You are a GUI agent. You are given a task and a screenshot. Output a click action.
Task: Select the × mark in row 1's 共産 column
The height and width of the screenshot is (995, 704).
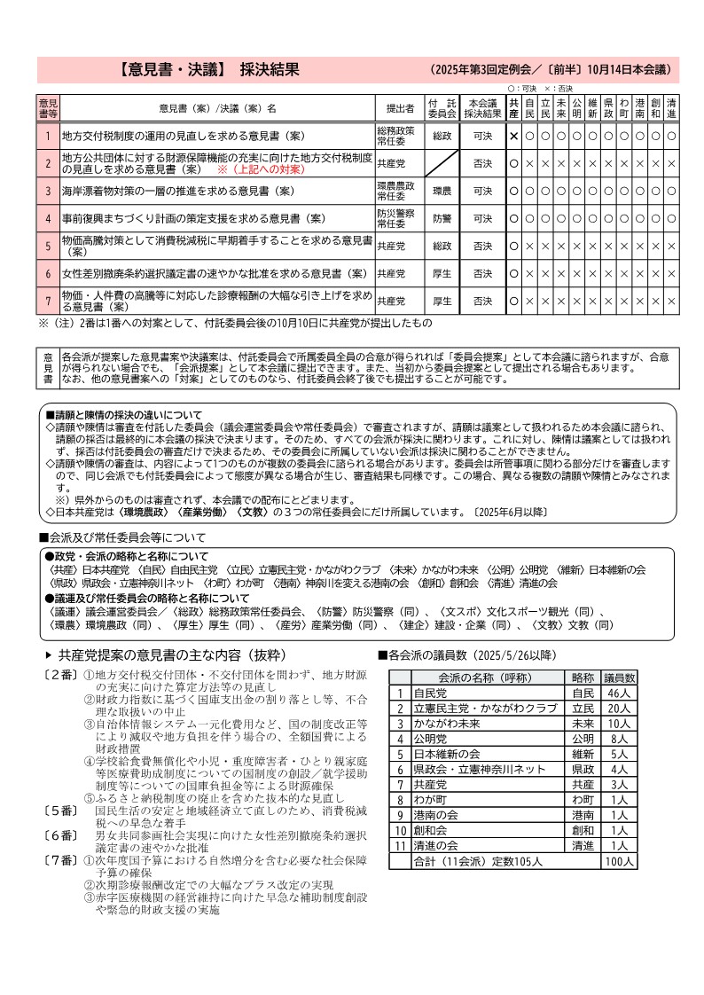[x=513, y=136]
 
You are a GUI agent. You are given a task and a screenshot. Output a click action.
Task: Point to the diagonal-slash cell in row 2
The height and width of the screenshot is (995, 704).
[x=442, y=163]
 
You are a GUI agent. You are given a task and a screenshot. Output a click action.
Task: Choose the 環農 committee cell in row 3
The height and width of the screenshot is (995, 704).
[x=442, y=191]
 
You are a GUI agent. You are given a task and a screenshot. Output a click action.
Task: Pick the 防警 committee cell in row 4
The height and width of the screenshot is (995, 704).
[x=442, y=218]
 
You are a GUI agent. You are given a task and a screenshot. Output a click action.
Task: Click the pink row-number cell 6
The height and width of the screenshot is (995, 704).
[x=48, y=273]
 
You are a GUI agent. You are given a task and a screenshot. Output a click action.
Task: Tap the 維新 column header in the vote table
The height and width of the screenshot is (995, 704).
[x=592, y=108]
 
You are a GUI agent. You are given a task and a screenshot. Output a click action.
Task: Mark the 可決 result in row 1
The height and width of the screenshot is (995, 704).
[x=482, y=136]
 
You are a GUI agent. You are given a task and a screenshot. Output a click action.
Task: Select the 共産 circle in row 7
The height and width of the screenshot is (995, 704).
[x=513, y=301]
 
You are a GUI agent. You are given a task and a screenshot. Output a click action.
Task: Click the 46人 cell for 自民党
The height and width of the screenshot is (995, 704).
[x=618, y=693]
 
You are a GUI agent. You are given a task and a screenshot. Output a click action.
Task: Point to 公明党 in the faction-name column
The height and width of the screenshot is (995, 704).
[x=433, y=738]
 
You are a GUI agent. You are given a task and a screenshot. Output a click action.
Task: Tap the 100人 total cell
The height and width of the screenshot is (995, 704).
[x=618, y=860]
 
